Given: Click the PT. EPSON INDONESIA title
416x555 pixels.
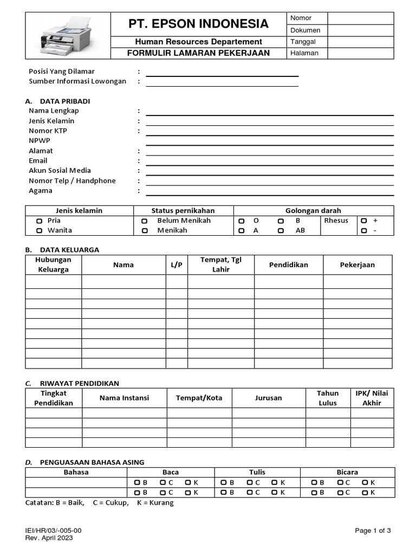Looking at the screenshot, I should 198,24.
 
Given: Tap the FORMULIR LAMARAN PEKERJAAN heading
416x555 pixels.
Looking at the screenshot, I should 198,53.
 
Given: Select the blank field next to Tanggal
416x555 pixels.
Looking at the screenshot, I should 360,42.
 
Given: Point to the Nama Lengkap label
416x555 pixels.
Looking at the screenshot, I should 54,111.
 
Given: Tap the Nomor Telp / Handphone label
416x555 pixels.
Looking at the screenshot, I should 72,181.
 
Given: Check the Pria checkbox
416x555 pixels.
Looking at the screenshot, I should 39,221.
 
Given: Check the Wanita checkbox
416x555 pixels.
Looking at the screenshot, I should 39,231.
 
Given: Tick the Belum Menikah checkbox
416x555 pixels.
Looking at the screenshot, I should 145,221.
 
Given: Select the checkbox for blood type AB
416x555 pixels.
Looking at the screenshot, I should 281,231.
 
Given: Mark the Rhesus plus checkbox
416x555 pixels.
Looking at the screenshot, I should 364,221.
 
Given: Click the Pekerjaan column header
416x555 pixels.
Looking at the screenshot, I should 357,265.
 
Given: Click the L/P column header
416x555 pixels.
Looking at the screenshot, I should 177,265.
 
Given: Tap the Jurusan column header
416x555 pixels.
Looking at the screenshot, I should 269,398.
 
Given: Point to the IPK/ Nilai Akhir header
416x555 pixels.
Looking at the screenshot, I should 372,398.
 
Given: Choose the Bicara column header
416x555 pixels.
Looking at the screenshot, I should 347,473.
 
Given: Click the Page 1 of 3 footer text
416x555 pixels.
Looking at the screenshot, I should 373,531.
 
